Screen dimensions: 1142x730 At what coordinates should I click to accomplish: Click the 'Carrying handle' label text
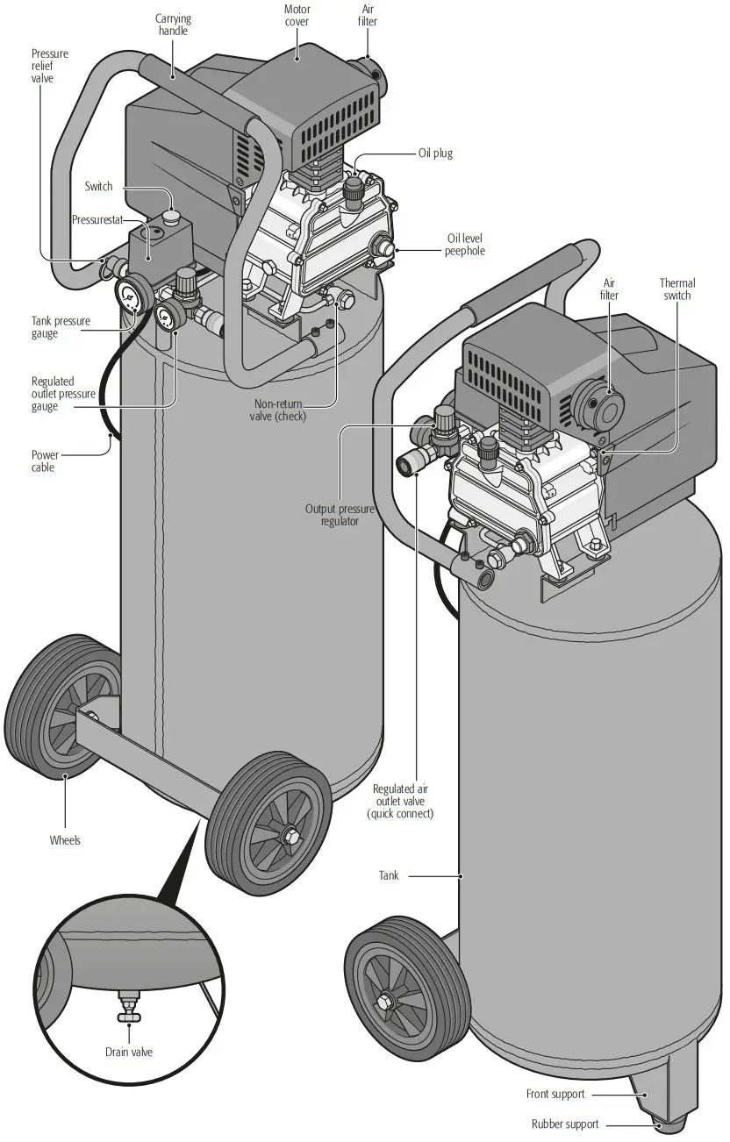[x=173, y=25]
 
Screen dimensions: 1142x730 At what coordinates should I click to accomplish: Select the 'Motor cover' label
[x=297, y=16]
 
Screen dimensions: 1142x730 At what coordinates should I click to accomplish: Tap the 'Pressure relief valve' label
[x=49, y=66]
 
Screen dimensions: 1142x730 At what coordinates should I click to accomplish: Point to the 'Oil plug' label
[x=434, y=153]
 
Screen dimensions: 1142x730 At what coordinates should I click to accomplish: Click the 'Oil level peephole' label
[x=464, y=245]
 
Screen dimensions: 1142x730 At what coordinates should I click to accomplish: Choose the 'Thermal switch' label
[x=676, y=289]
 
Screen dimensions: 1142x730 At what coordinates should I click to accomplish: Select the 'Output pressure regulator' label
[x=332, y=515]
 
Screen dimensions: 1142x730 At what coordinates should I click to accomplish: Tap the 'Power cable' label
[x=45, y=460]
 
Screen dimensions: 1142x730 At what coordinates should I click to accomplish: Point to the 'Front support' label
[x=555, y=1094]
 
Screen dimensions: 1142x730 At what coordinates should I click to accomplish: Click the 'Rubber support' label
[x=564, y=1124]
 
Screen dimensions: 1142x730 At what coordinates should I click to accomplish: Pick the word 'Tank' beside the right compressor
[x=388, y=875]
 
